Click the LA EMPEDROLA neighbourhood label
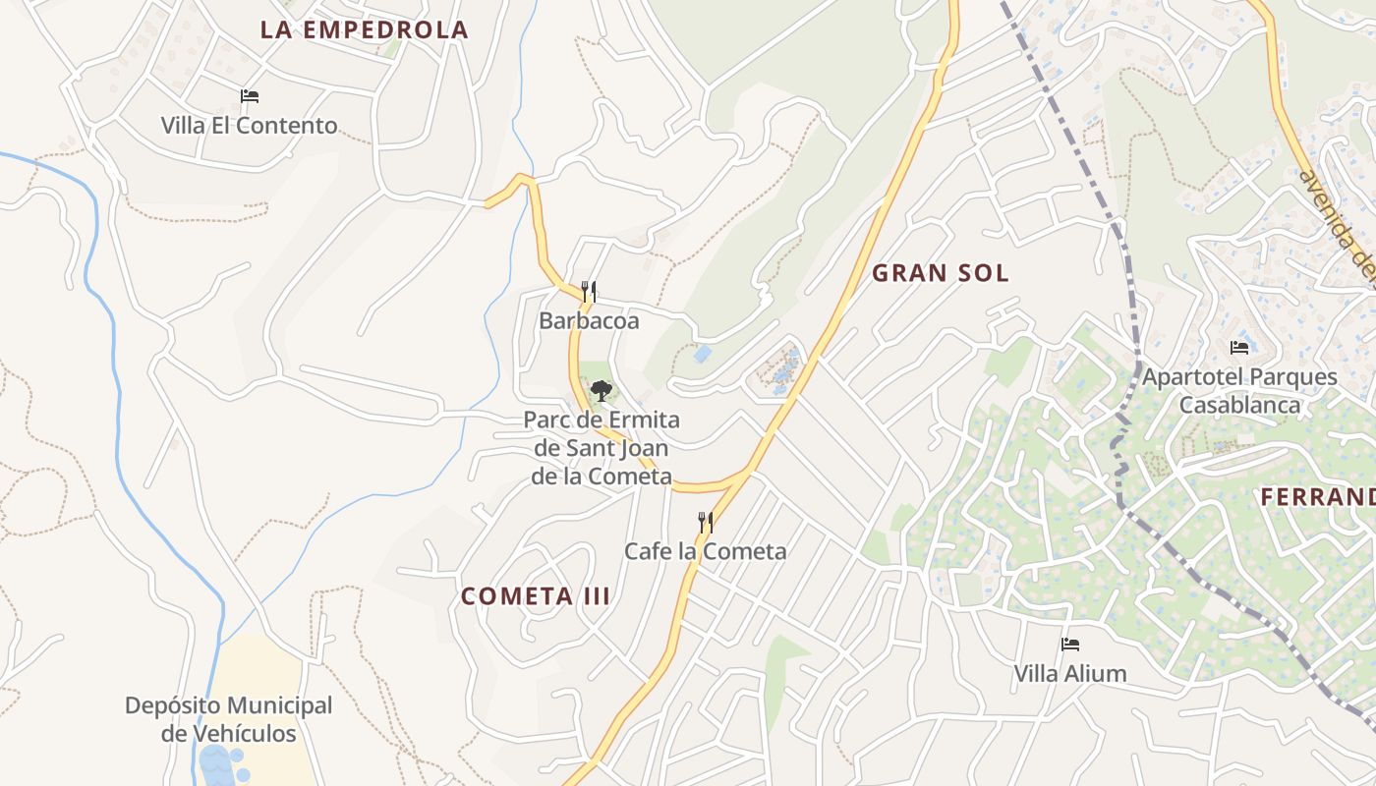pos(364,29)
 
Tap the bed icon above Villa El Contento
pos(250,96)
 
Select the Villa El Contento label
pos(250,126)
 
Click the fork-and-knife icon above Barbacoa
pos(589,291)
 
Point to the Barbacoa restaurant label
pos(589,321)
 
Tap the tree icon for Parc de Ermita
pos(601,390)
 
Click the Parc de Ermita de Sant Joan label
pos(602,448)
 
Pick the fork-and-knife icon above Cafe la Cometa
pos(706,522)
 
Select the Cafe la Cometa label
pos(706,551)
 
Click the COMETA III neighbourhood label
pos(536,596)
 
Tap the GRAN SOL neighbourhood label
pos(941,273)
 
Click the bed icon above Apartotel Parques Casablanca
pos(1239,347)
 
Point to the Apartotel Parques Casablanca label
pos(1239,390)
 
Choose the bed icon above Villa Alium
pos(1070,645)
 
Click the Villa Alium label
pos(1070,674)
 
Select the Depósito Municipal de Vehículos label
pos(228,719)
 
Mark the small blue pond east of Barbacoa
pos(702,353)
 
